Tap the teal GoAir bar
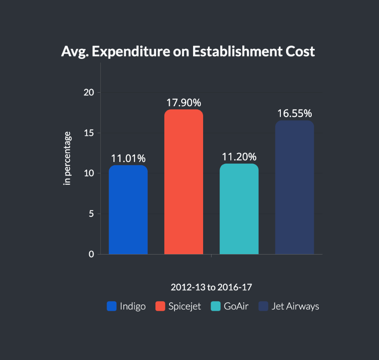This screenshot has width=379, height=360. coord(239,209)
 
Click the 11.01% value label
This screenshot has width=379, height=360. coord(128,158)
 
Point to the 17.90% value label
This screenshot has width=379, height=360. coord(184,102)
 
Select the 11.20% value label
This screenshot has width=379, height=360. coord(239,156)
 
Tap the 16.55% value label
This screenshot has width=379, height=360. coord(294,113)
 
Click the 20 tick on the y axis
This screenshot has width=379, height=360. coord(89,93)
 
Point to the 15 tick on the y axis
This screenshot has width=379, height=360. coord(89,133)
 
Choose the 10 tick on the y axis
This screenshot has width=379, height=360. coord(89,174)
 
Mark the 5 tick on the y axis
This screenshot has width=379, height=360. coord(92,214)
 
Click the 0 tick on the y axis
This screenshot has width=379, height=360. coord(92,255)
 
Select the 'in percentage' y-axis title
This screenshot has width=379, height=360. coord(68,158)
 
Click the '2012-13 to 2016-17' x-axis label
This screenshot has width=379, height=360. coord(212,287)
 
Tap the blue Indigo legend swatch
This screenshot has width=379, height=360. coord(111,306)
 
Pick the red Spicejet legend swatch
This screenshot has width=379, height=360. coord(160,306)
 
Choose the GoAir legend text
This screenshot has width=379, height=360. coord(236,306)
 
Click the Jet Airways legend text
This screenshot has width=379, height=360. coord(295,306)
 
